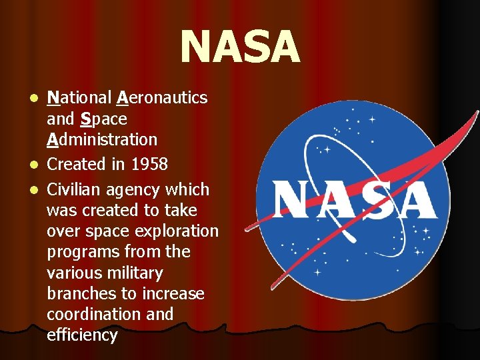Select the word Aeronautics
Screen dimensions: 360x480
(x=162, y=98)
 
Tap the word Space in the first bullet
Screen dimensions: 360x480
(x=103, y=119)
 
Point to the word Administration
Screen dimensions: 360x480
(x=102, y=140)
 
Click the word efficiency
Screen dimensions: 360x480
(x=82, y=335)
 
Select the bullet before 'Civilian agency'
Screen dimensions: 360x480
(x=37, y=191)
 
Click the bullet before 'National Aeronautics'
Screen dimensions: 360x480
(x=37, y=99)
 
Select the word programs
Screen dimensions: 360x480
(x=79, y=252)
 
